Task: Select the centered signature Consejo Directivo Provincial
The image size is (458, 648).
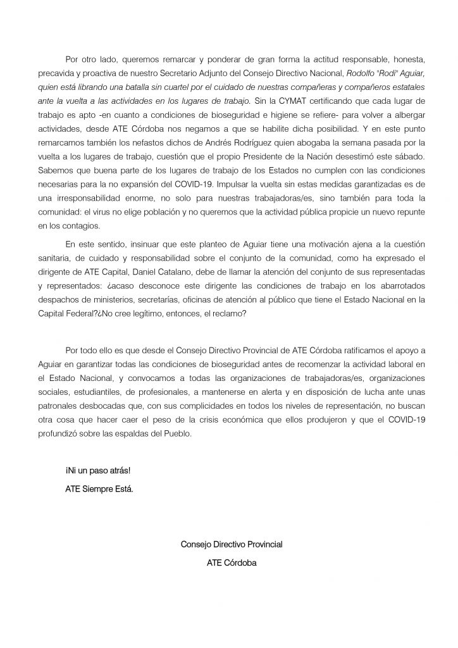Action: pos(232,544)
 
